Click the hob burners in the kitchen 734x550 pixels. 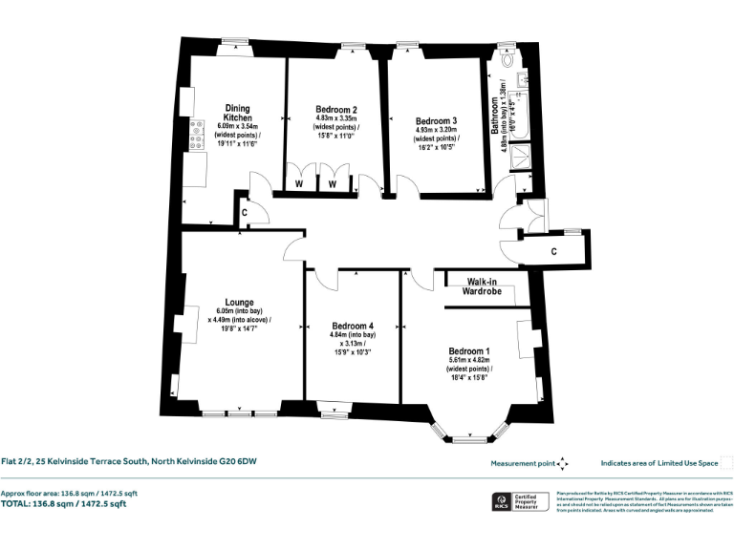pyautogui.click(x=197, y=135)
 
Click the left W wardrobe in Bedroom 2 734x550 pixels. pyautogui.click(x=300, y=182)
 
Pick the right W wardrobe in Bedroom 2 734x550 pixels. pyautogui.click(x=334, y=182)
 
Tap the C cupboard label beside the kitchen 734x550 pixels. pyautogui.click(x=245, y=212)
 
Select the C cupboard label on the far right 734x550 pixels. pyautogui.click(x=554, y=251)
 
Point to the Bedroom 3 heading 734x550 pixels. pyautogui.click(x=436, y=121)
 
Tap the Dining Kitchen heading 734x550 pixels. pyautogui.click(x=238, y=113)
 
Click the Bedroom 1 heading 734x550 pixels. pyautogui.click(x=468, y=350)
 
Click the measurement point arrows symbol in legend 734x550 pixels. pyautogui.click(x=563, y=463)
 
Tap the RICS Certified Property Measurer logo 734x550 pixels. pyautogui.click(x=498, y=502)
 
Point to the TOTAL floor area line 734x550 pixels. pyautogui.click(x=63, y=503)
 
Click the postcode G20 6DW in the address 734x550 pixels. pyautogui.click(x=237, y=462)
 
